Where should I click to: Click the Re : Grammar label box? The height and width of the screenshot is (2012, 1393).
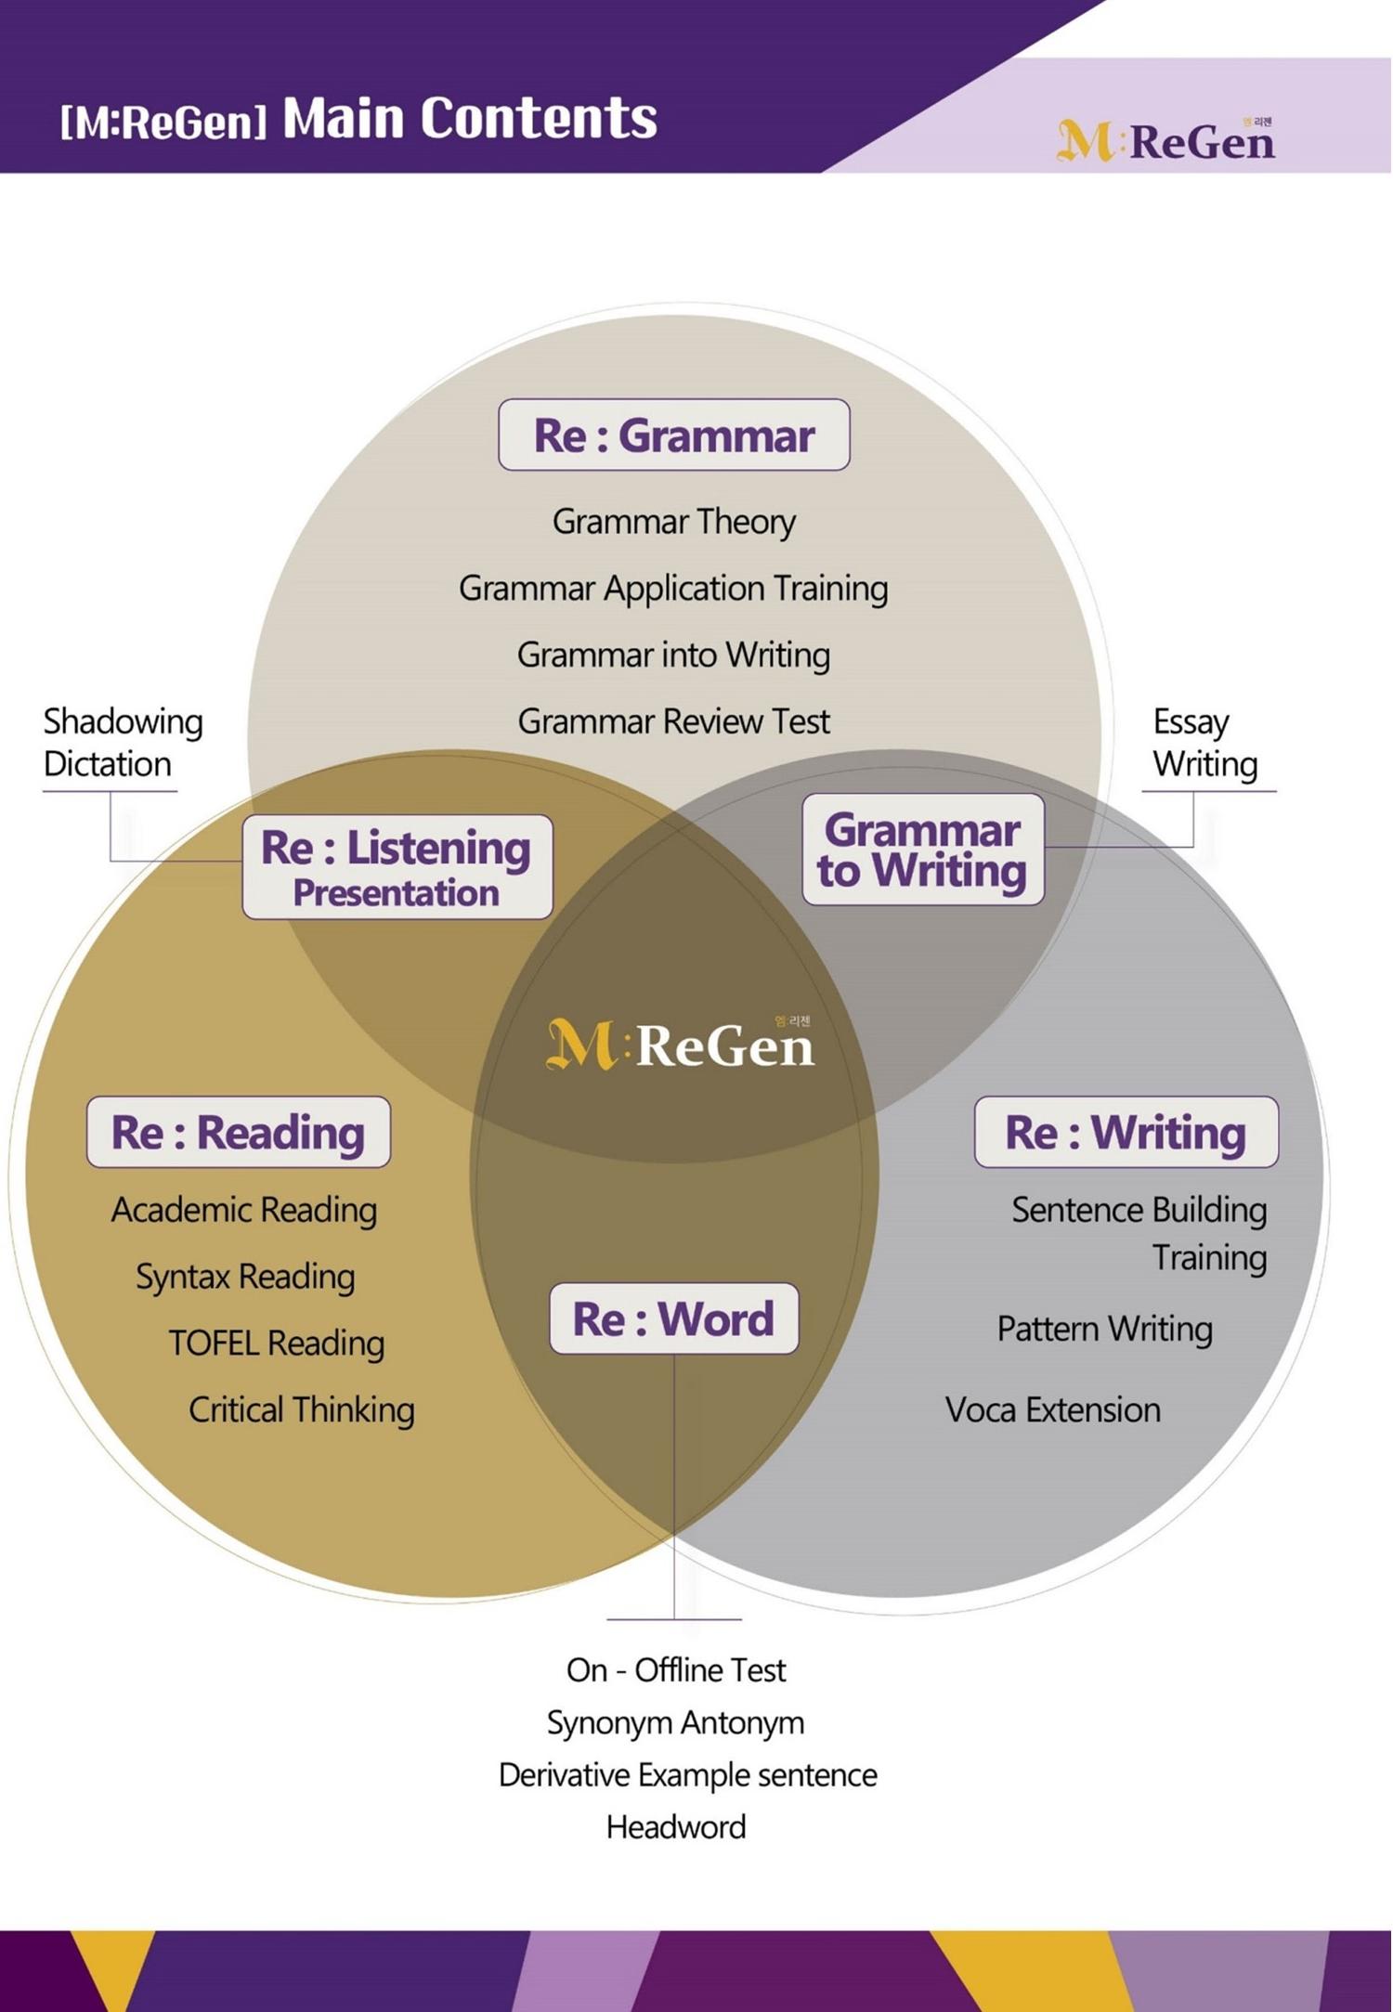[673, 435]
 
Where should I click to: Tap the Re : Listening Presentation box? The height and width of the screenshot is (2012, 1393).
[397, 867]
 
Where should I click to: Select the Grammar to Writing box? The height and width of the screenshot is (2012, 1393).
[922, 850]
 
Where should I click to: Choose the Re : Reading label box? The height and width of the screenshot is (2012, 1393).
[238, 1132]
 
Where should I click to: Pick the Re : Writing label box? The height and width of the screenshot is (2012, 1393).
[1126, 1132]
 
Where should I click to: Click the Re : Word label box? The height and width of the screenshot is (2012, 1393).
[673, 1318]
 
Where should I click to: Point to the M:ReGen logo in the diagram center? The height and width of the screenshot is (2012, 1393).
[680, 1044]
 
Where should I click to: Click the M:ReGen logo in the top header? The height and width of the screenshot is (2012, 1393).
[1165, 140]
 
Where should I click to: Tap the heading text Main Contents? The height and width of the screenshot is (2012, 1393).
[470, 119]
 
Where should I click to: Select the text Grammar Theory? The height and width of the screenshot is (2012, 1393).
[673, 522]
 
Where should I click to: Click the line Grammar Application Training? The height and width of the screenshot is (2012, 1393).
[673, 589]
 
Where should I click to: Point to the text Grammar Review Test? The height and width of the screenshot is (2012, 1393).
[673, 721]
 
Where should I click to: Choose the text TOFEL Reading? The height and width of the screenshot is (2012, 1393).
[276, 1343]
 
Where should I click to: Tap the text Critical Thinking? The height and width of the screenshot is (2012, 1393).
[301, 1410]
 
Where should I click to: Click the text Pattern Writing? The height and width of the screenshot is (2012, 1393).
[1104, 1330]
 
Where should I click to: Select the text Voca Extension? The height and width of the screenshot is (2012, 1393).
[1052, 1410]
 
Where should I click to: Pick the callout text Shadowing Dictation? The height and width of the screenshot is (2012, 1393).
[122, 743]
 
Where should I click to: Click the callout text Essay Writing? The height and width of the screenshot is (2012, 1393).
[1204, 743]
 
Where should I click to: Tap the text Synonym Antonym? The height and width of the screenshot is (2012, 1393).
[675, 1723]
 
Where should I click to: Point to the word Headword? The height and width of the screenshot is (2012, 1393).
[675, 1827]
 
